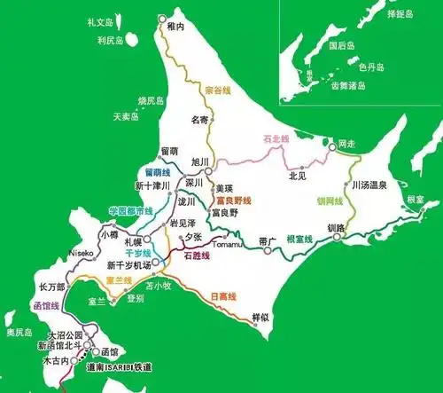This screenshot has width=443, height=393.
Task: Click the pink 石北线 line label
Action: coord(277,139)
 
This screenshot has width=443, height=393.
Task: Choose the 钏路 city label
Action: coord(336,229)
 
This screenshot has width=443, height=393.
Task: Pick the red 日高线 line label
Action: coord(223,295)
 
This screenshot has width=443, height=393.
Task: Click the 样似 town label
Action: coord(260,317)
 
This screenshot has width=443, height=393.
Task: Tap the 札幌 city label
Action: coord(133,241)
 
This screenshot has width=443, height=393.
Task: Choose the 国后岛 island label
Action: coord(341,44)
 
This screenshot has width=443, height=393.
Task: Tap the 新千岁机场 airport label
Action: coord(128,264)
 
